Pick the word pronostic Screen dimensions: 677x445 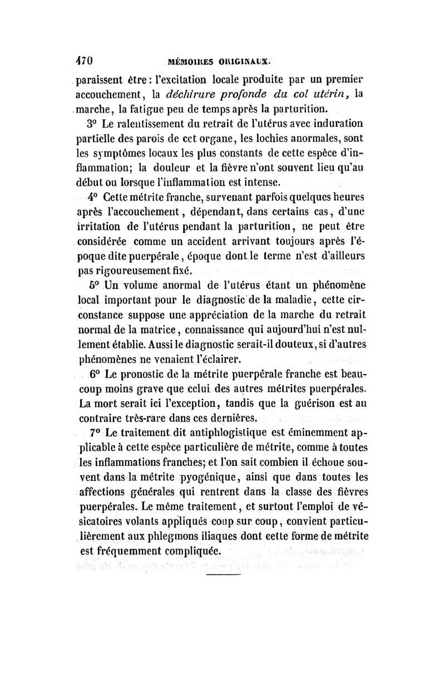click(x=150, y=372)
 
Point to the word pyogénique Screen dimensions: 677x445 click(x=210, y=478)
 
